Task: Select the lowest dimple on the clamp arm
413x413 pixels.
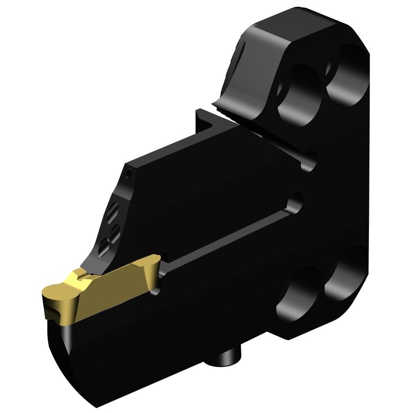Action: click(x=103, y=248)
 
